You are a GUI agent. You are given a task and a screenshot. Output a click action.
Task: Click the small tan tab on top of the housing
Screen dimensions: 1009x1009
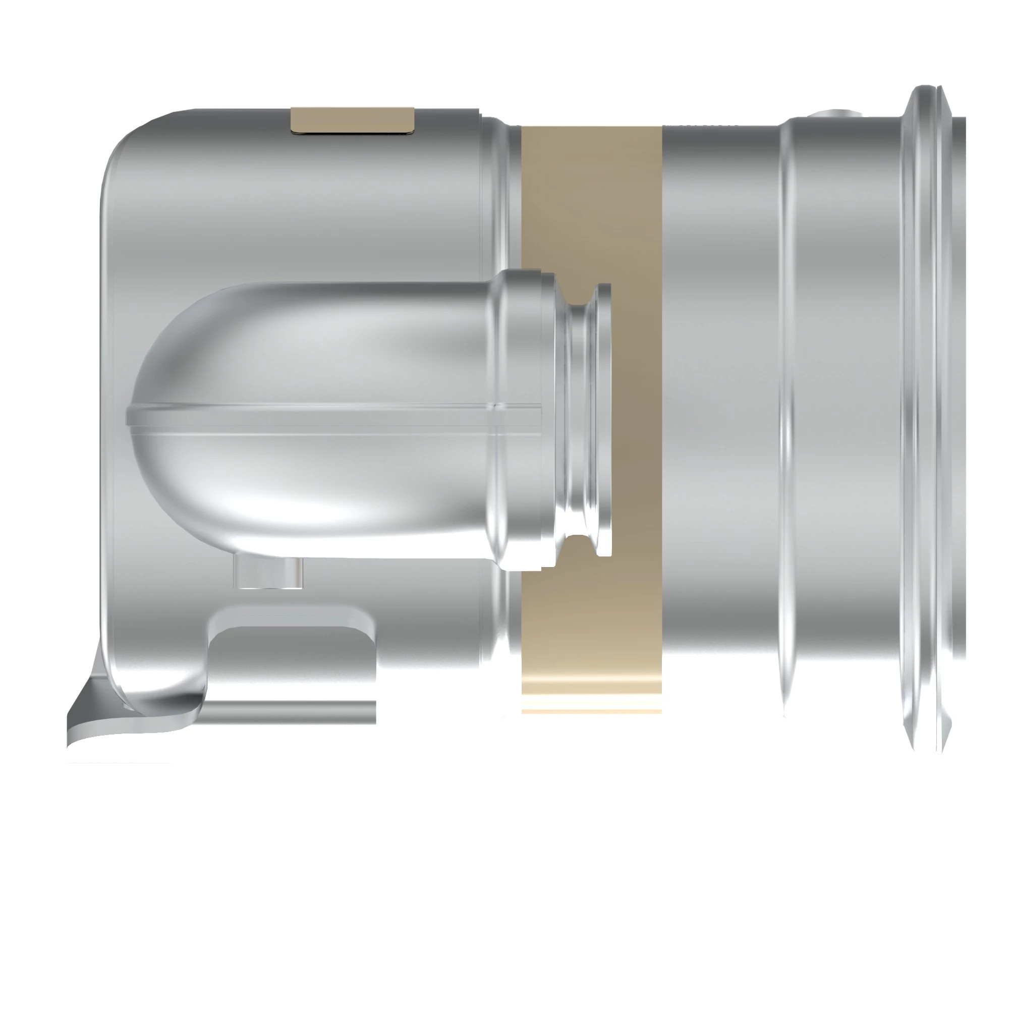353,120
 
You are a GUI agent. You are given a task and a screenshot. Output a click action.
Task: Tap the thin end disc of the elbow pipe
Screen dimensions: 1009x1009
604,418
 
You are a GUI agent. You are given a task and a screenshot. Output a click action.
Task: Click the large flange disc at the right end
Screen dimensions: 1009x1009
919,418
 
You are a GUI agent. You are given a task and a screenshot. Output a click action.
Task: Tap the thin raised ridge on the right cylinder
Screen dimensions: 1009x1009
784,418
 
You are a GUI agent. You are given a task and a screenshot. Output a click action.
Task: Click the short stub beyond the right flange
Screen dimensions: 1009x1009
959,418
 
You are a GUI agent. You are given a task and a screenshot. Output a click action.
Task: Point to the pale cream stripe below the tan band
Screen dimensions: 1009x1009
592,711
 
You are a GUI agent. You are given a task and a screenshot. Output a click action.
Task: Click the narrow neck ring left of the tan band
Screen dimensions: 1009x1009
501,209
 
